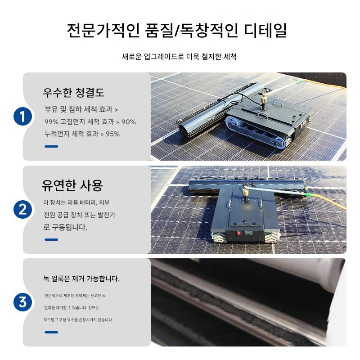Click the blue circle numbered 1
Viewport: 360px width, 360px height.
point(22,117)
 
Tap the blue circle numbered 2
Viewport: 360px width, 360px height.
point(22,210)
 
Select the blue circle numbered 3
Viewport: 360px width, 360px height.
point(22,302)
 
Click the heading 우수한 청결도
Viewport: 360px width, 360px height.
point(74,93)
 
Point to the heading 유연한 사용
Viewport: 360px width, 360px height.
point(72,185)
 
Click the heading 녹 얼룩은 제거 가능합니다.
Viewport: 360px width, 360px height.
point(81,279)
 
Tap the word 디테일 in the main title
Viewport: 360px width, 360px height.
point(265,30)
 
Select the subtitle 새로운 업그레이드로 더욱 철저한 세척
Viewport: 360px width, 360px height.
point(179,57)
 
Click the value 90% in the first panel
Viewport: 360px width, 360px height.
point(129,121)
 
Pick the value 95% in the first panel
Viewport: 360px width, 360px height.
point(113,134)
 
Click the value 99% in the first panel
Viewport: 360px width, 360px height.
point(51,121)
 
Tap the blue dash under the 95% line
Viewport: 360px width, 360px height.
point(51,147)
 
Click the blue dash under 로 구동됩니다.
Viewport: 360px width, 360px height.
point(51,239)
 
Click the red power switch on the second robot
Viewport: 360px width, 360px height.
point(239,233)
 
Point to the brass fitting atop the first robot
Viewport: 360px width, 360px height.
point(264,100)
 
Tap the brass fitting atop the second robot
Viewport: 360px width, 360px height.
point(246,193)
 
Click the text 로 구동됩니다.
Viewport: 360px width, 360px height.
point(65,227)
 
